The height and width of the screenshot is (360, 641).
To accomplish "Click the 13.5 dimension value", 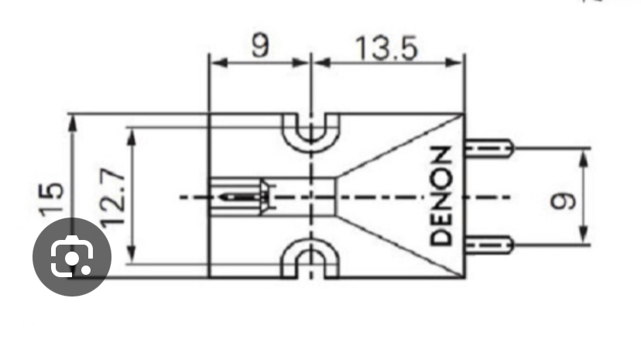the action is click(387, 49).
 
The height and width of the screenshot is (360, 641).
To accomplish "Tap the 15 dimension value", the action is click(52, 198).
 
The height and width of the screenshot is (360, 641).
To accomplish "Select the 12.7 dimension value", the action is click(112, 197).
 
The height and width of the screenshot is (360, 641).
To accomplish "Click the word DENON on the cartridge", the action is click(441, 196).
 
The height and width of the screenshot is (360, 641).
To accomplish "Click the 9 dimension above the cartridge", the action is click(260, 46).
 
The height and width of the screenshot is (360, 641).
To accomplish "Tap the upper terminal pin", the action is click(489, 148).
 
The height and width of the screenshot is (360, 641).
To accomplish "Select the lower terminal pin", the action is click(489, 245).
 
